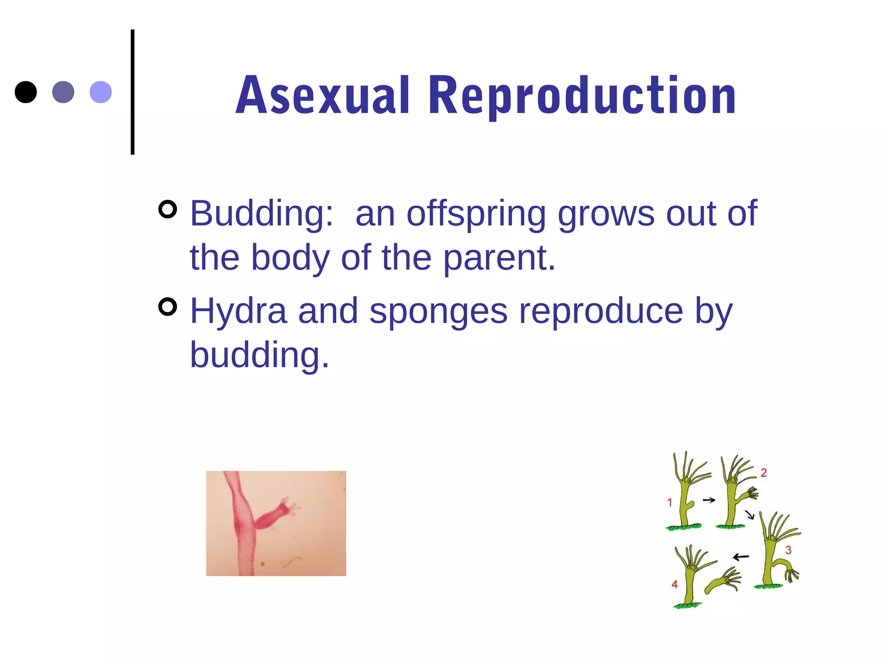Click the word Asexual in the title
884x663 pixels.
click(322, 96)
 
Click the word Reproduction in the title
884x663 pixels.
click(582, 96)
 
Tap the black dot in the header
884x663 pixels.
click(26, 92)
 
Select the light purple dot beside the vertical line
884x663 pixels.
click(101, 92)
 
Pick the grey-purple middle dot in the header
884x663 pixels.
click(63, 92)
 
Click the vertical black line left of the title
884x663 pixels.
click(133, 92)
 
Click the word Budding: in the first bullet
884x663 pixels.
click(262, 213)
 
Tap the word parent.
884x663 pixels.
click(499, 258)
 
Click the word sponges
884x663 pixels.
click(439, 311)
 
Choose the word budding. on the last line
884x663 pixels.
click(259, 355)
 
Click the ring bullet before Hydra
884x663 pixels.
click(168, 307)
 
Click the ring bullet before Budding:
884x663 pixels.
click(168, 209)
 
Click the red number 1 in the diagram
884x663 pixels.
click(669, 502)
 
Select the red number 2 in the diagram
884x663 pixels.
click(764, 473)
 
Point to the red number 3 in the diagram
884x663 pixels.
click(788, 550)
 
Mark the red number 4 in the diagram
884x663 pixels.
click(674, 584)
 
